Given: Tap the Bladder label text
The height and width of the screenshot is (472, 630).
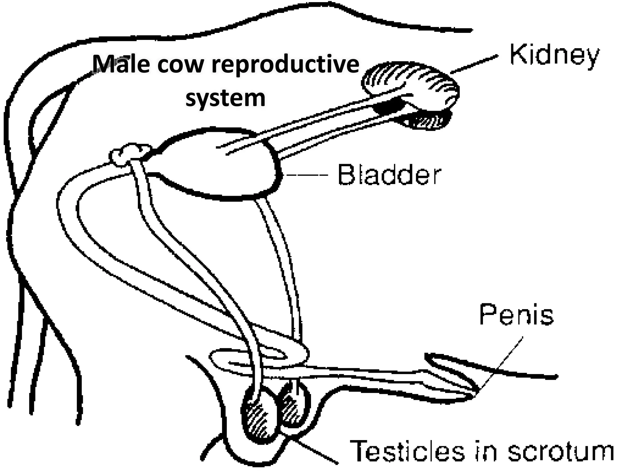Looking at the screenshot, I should (389, 175).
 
